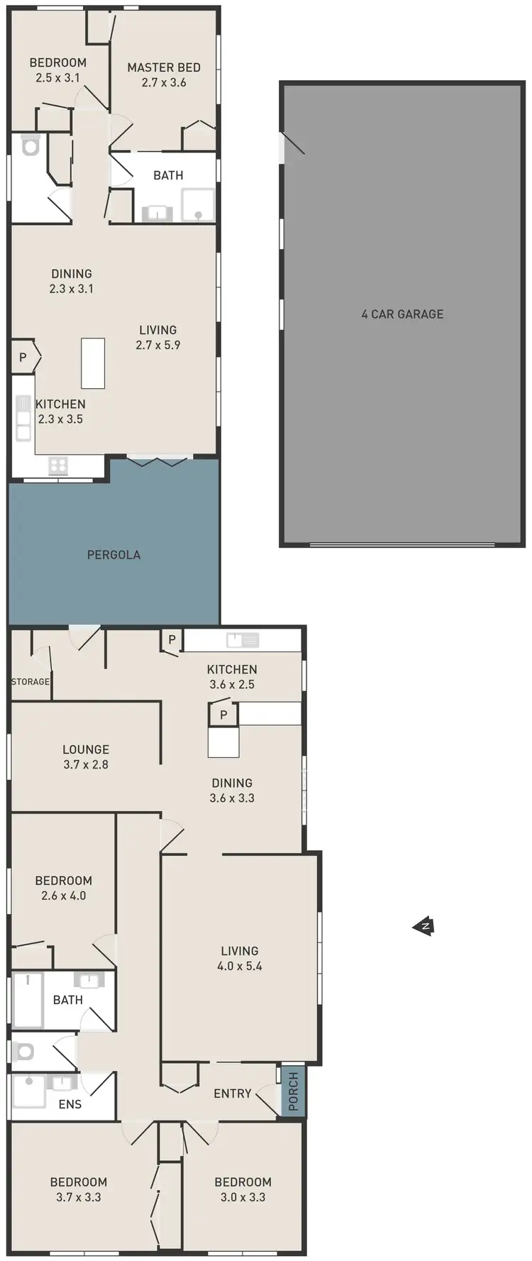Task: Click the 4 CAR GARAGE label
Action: (402, 314)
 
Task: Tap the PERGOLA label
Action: (113, 555)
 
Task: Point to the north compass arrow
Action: (423, 926)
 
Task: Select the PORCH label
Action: (293, 1091)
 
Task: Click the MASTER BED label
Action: (164, 67)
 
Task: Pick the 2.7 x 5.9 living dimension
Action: (158, 345)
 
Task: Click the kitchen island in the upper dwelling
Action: (93, 363)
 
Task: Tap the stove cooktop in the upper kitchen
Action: (58, 466)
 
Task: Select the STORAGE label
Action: (31, 681)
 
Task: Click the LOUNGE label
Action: (86, 749)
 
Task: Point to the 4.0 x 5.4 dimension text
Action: (240, 966)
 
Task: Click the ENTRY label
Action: (233, 1094)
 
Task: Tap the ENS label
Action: (70, 1104)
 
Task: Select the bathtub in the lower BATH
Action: (28, 999)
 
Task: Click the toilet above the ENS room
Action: (23, 1052)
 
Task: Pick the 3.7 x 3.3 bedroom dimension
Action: (79, 1197)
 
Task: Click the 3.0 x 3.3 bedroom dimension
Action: (243, 1197)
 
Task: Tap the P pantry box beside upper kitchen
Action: (23, 358)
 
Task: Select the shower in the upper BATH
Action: (198, 206)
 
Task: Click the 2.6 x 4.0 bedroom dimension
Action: (64, 896)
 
